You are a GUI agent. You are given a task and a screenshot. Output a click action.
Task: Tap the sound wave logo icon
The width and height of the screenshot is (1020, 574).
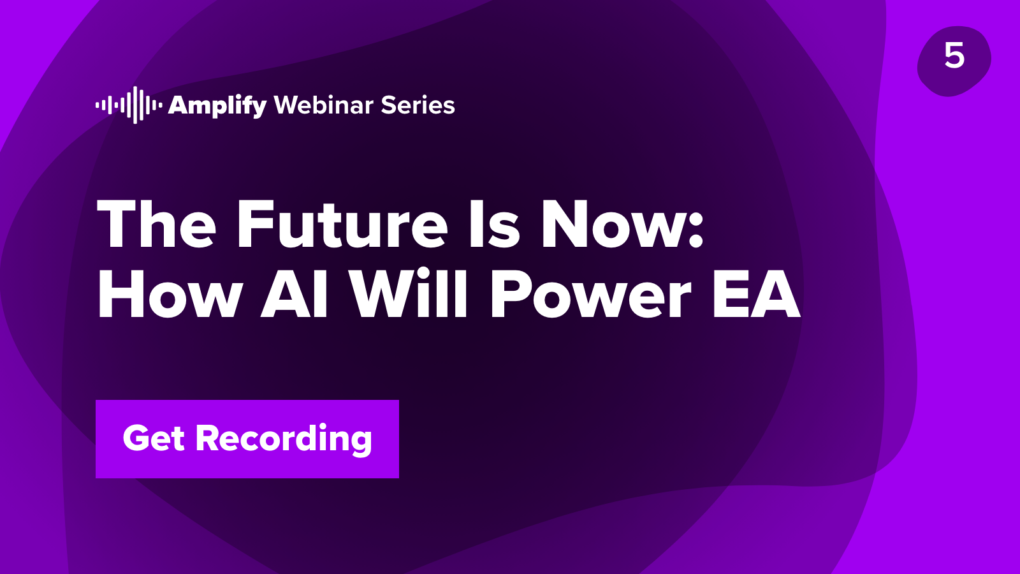[129, 105]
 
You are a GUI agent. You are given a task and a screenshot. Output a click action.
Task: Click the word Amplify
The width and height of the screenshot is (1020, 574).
[217, 106]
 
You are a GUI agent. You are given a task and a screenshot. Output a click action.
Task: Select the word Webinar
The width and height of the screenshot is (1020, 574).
[324, 105]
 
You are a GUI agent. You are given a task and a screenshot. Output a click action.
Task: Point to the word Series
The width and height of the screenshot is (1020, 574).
[418, 105]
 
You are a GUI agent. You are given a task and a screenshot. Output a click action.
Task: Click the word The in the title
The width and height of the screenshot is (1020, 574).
[156, 224]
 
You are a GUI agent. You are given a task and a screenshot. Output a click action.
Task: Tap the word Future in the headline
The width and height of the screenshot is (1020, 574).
[342, 224]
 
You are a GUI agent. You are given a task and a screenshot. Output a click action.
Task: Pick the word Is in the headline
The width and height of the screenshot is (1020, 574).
[495, 224]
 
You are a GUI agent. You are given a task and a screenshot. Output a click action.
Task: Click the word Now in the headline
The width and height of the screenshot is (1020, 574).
[613, 224]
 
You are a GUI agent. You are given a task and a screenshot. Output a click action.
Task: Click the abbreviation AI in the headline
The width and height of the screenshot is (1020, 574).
[294, 294]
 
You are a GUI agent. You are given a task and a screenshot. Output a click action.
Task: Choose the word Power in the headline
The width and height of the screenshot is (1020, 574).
[590, 294]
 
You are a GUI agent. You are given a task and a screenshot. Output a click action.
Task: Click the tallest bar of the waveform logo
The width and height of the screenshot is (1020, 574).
[135, 105]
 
